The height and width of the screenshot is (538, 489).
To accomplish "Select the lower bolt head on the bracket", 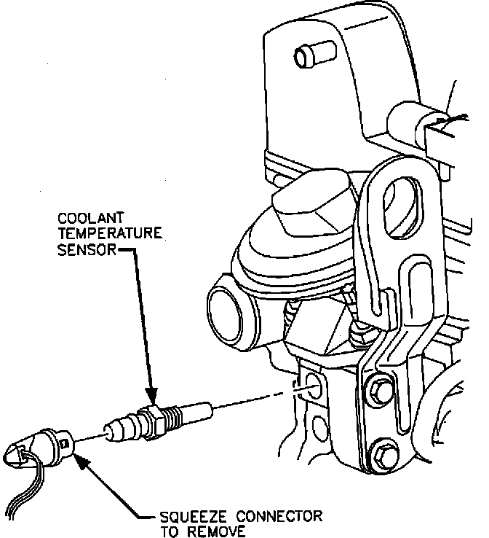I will (383, 452).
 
